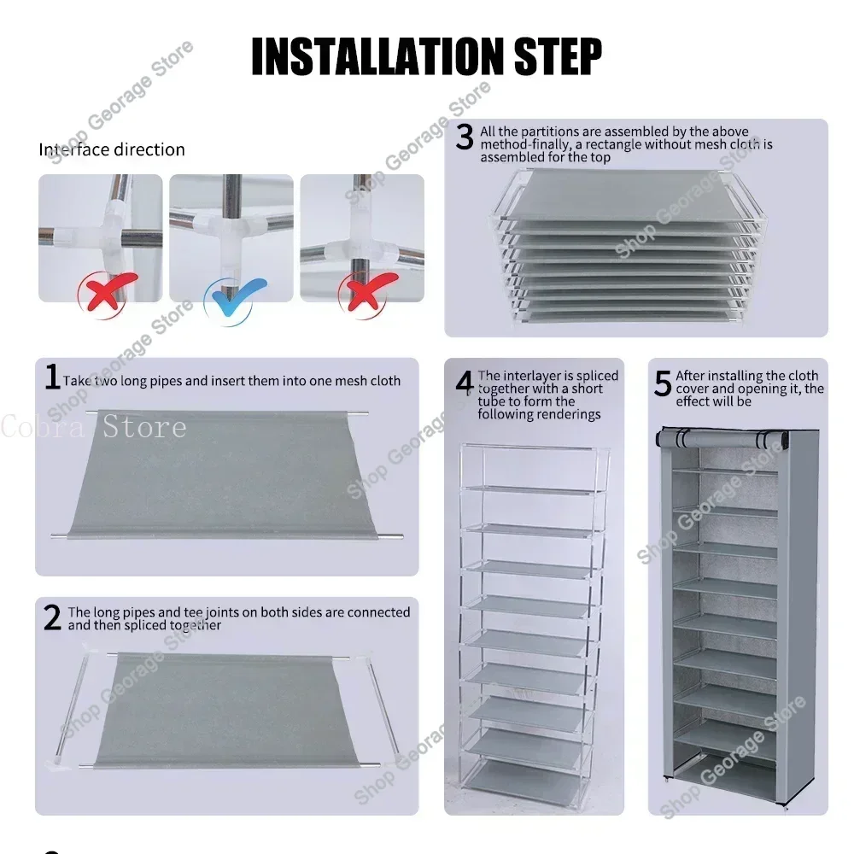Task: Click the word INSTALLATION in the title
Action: [378, 56]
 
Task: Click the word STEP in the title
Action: [559, 56]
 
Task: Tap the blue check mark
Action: [236, 297]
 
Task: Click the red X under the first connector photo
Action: [106, 292]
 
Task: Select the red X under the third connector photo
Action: [367, 292]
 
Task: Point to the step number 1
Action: [52, 377]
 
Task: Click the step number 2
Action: [52, 617]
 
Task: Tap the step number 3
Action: [465, 137]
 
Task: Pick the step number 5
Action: [663, 383]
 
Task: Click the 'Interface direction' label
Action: [112, 149]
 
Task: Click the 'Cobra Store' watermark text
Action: [94, 426]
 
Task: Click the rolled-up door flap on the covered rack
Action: [722, 438]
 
